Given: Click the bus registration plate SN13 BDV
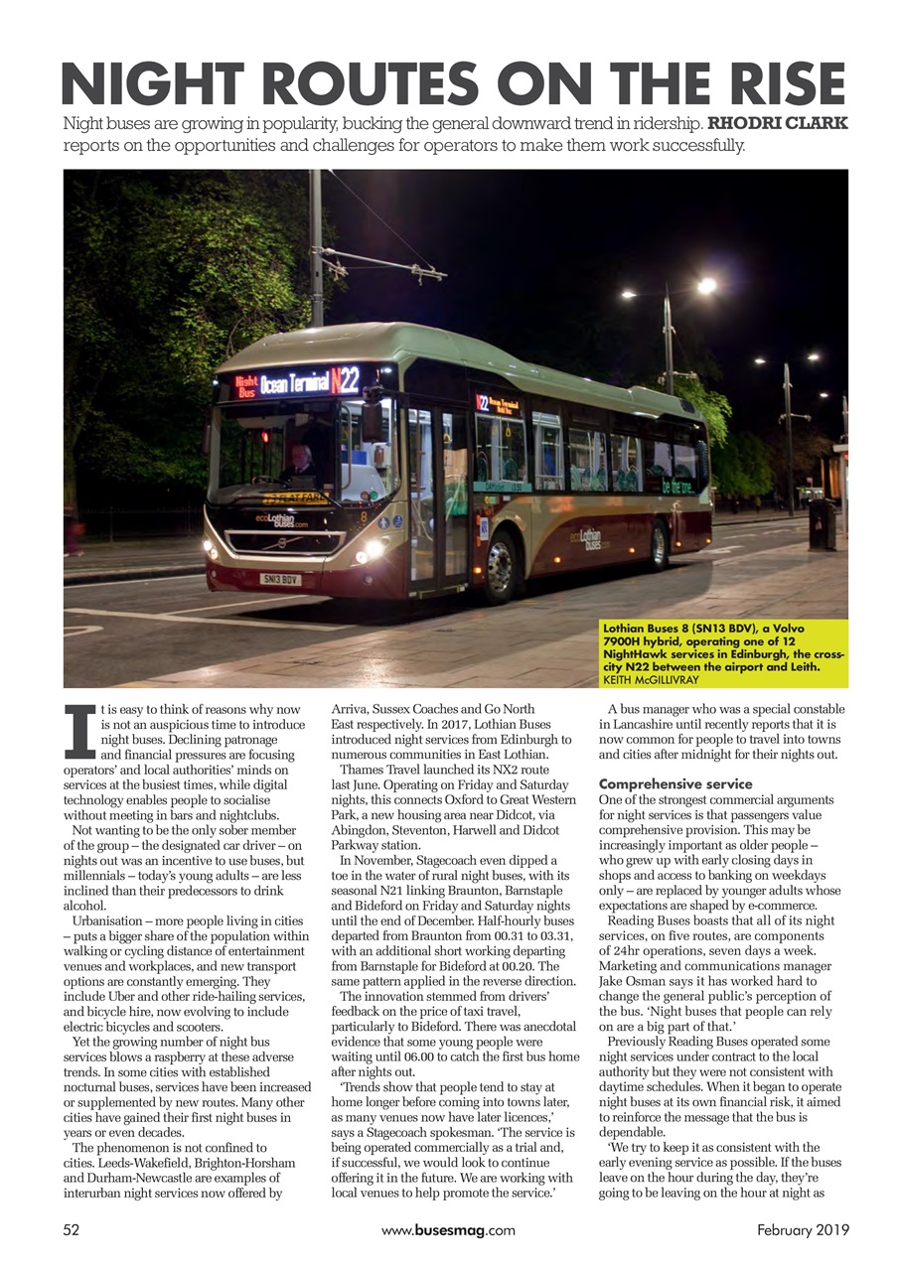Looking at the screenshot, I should [280, 579].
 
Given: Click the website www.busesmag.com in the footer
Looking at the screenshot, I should [448, 1230].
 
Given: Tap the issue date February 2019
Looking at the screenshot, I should [803, 1230].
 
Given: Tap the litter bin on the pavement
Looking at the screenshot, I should [822, 523].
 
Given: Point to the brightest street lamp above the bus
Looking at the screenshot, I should [705, 286].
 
